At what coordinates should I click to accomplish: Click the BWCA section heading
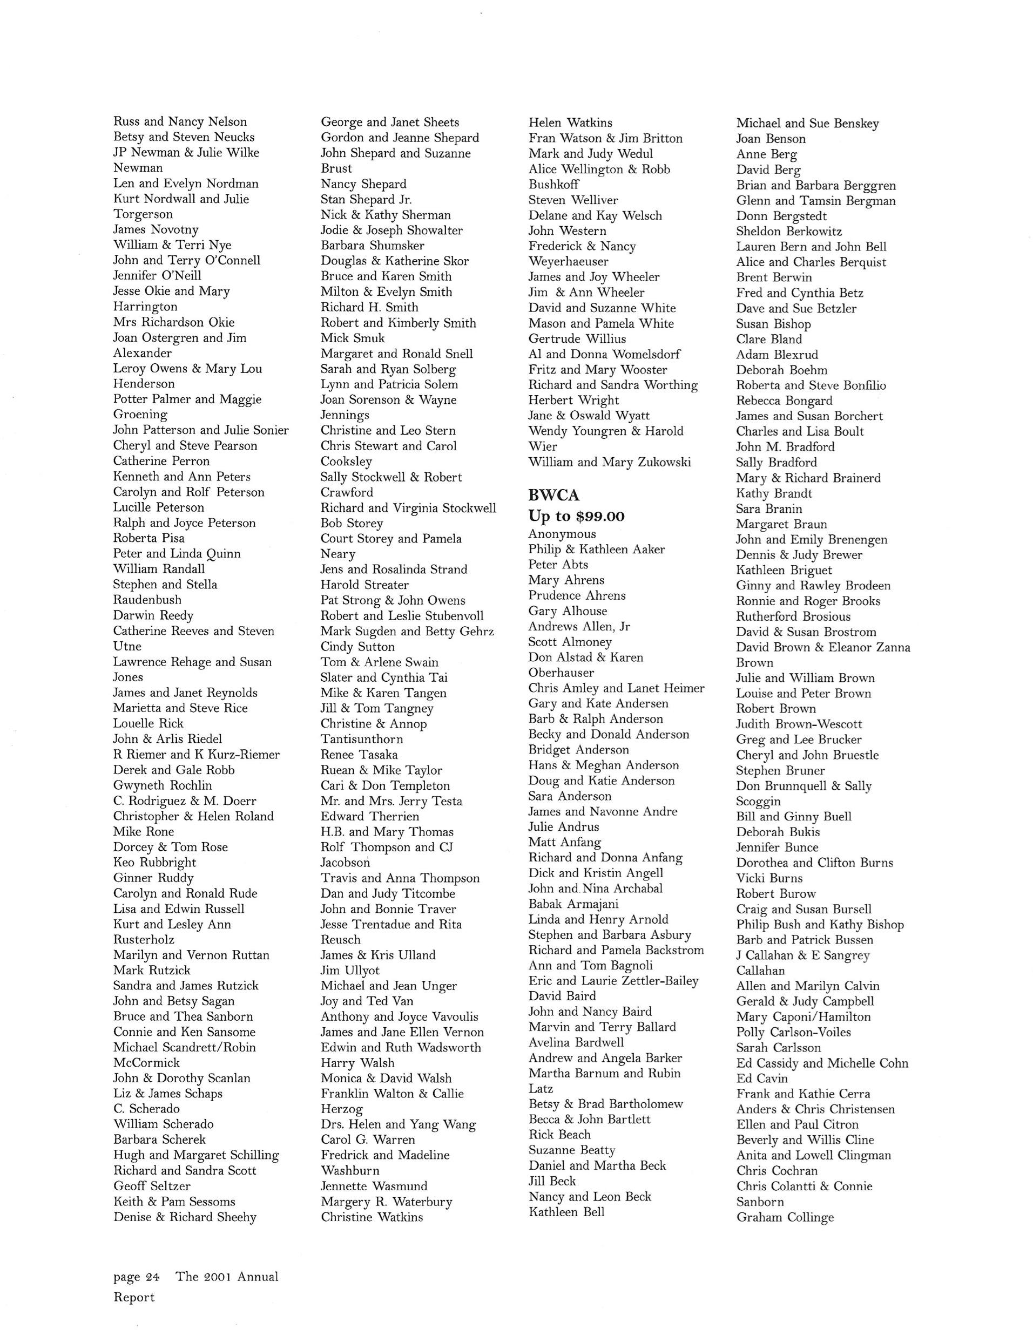click(554, 495)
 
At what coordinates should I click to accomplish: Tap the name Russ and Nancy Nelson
click(180, 122)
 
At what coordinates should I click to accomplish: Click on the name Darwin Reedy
click(153, 615)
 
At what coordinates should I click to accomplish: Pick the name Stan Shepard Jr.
click(366, 199)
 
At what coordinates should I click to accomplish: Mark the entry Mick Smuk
click(353, 338)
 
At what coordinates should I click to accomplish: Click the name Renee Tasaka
click(359, 754)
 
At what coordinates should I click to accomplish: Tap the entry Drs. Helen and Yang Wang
click(398, 1124)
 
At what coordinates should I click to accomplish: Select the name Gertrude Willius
click(577, 338)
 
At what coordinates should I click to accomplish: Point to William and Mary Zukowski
click(610, 462)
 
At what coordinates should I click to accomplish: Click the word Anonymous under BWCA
click(562, 534)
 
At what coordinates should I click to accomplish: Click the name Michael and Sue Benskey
click(807, 124)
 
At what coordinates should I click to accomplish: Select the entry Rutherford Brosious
click(793, 616)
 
